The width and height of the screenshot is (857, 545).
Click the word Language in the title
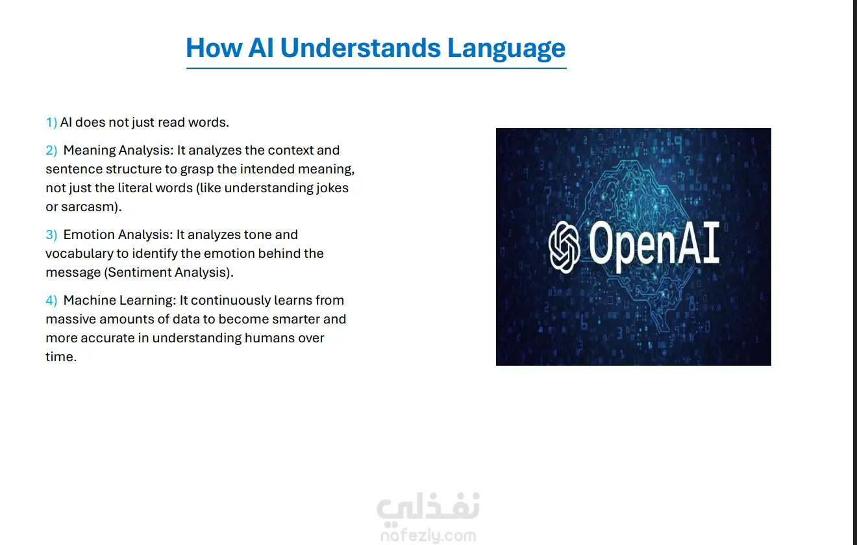[506, 48]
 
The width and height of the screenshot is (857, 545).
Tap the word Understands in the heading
[360, 48]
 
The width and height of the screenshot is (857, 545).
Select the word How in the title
[214, 48]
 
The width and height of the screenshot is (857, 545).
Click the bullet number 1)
[51, 123]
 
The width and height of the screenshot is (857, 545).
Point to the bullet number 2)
[51, 151]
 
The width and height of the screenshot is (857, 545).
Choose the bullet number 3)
[51, 234]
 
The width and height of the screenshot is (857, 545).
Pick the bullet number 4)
[51, 301]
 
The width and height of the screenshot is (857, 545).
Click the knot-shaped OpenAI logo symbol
[564, 247]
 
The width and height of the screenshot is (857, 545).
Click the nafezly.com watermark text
[429, 535]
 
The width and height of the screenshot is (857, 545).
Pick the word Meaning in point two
[90, 151]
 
